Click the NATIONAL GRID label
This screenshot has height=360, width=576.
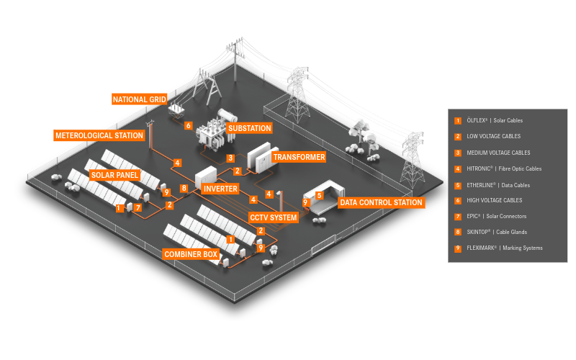[139, 99]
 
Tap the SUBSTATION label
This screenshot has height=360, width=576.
[249, 128]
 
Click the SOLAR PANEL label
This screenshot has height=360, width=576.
[113, 174]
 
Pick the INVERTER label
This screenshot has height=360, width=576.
[220, 189]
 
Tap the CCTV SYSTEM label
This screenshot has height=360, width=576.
[273, 216]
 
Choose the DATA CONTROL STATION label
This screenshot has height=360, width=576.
[380, 202]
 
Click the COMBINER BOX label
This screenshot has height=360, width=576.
[190, 253]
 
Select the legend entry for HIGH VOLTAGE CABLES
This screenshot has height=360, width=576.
[494, 200]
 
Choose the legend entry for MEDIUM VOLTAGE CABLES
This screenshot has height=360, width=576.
[498, 153]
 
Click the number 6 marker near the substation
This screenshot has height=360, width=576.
[188, 125]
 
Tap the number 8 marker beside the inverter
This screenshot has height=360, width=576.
[185, 189]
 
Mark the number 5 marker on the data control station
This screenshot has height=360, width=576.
[319, 195]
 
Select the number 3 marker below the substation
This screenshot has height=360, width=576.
[230, 158]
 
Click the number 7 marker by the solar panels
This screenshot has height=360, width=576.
[137, 207]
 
